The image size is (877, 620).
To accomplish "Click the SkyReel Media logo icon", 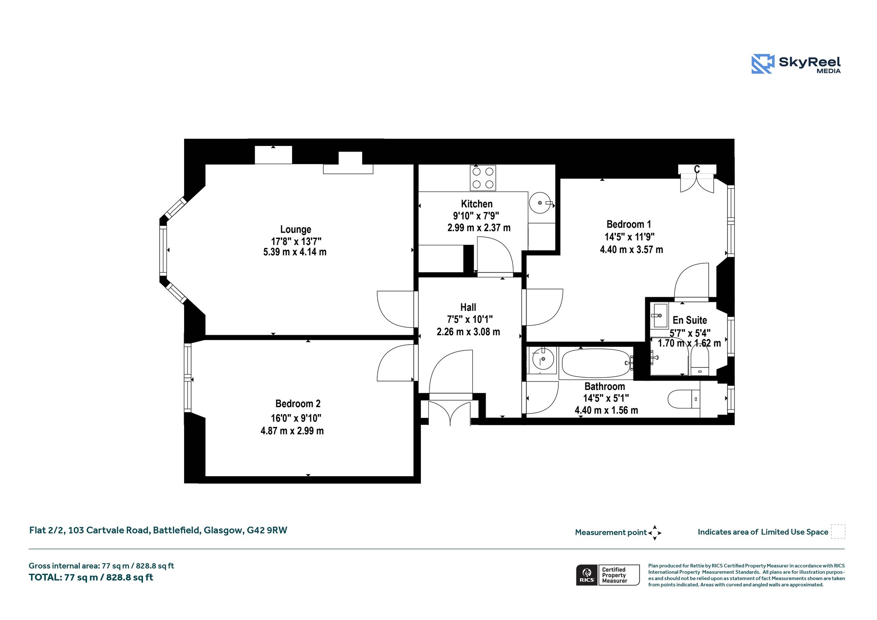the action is (763, 64).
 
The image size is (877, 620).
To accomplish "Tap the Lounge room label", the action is (295, 230).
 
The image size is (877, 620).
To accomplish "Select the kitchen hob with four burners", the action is (483, 178).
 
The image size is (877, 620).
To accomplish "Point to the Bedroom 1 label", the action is (629, 224).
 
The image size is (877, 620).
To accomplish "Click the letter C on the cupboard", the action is (697, 170).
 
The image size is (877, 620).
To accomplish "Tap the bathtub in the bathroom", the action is (596, 363).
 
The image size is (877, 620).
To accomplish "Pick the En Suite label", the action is (689, 320).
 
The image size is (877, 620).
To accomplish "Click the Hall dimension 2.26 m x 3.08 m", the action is (468, 332).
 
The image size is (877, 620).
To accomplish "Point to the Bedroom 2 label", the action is (298, 404).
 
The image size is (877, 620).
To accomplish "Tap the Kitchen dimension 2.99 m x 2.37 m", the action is (479, 228).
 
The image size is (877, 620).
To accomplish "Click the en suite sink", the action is (659, 316).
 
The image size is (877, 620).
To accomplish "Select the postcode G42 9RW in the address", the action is (267, 530).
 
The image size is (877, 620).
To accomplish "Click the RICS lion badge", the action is (587, 575).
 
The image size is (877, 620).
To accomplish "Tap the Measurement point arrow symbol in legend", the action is (655, 533).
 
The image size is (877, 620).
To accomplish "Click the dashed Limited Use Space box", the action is (838, 531).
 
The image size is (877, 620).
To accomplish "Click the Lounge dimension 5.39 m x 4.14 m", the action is (295, 252).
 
